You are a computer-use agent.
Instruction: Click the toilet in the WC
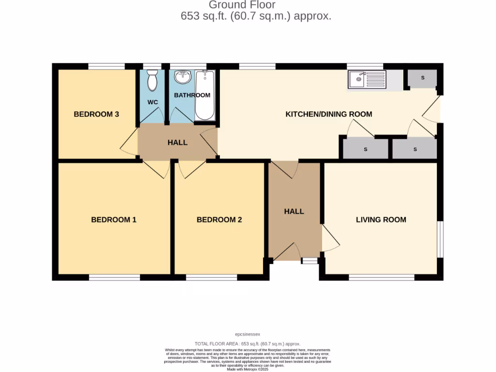tap(152, 80)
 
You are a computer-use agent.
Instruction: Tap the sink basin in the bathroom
tap(183, 77)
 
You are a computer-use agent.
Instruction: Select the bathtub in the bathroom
tap(204, 95)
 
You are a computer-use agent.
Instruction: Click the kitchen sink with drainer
tap(366, 79)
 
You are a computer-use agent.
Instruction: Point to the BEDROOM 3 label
tap(96, 114)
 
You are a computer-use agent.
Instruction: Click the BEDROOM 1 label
tap(114, 220)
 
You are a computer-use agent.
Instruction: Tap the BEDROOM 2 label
tap(219, 220)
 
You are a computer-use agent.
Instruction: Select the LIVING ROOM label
tap(381, 220)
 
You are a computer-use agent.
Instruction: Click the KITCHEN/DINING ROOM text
tap(328, 114)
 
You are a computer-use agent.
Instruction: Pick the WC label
tap(153, 103)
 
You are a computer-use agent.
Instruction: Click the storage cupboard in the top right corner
tap(422, 78)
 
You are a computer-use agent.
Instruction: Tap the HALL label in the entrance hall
tap(294, 212)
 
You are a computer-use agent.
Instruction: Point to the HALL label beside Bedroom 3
tap(177, 142)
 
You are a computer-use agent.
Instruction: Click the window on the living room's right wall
tap(440, 240)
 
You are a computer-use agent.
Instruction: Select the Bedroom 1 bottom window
tap(114, 278)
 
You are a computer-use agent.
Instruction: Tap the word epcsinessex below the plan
tap(248, 334)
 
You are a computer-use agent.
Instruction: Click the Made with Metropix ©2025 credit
tap(248, 369)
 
